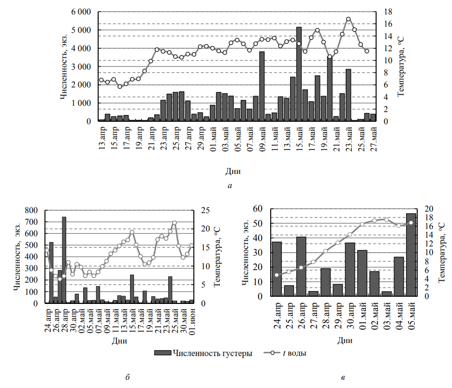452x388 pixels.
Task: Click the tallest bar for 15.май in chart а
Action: pos(299,74)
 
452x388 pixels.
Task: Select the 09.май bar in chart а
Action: pos(262,86)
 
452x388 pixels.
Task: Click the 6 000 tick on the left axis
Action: pos(81,12)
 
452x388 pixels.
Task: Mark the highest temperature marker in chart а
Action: pos(348,19)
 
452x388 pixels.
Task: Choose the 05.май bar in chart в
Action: pos(411,255)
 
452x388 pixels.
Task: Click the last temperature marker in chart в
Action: pos(411,223)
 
